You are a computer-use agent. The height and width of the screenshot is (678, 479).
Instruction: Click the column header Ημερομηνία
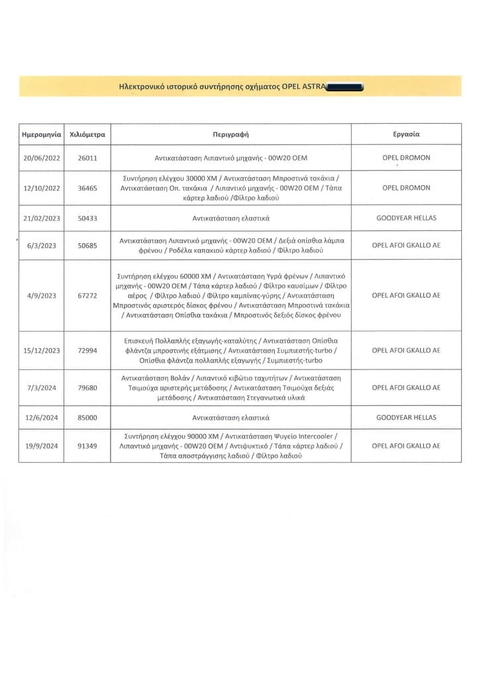click(x=42, y=134)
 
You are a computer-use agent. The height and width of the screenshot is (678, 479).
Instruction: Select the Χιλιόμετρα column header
click(x=87, y=134)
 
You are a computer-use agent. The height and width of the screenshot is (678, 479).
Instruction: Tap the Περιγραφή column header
click(x=231, y=134)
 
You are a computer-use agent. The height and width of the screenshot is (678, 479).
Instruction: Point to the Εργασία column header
click(x=406, y=134)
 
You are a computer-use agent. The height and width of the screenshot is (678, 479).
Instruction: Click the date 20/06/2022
click(x=42, y=158)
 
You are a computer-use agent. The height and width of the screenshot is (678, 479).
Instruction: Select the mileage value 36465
click(x=87, y=188)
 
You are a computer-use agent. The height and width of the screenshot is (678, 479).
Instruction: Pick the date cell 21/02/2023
click(x=42, y=217)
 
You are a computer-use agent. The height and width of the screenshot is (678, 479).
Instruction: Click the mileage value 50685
click(x=87, y=245)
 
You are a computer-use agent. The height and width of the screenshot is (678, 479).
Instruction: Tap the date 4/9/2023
click(x=42, y=295)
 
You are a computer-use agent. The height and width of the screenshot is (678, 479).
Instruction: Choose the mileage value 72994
click(x=87, y=350)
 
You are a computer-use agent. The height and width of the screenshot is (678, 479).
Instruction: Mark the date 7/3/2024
click(x=42, y=388)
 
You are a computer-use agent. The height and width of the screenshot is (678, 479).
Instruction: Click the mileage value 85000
click(x=87, y=418)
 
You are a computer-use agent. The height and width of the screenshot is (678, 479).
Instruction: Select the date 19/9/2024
click(x=42, y=446)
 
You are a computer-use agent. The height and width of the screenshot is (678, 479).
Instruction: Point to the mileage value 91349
click(x=87, y=446)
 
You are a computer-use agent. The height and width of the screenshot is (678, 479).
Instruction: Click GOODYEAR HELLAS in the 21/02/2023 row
click(x=406, y=217)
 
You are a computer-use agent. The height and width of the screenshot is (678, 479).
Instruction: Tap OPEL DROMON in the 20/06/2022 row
click(x=406, y=158)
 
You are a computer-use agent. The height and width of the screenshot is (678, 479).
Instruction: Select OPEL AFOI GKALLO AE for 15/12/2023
click(x=406, y=350)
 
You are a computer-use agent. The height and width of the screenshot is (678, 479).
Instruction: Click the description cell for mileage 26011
click(x=231, y=158)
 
